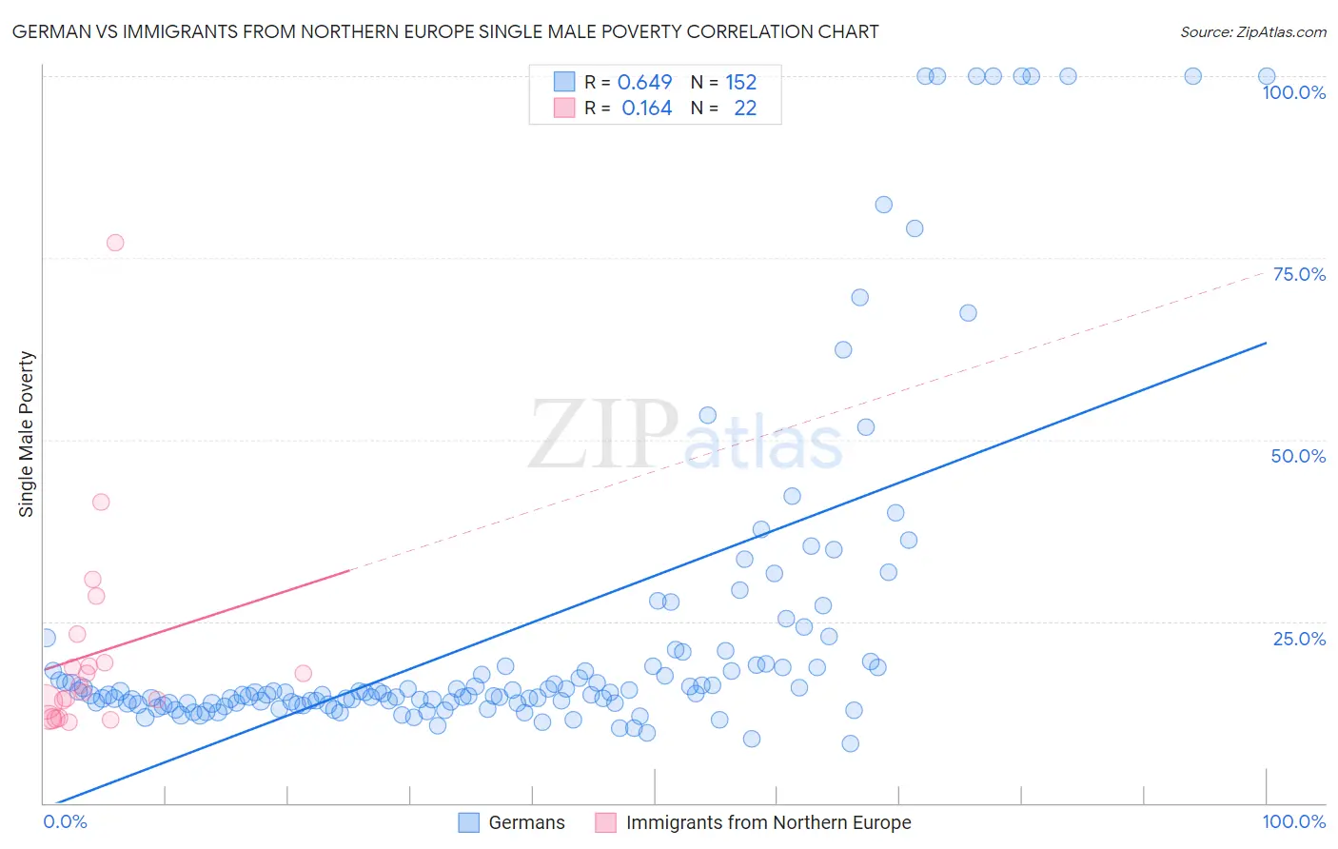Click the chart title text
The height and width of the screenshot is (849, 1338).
click(x=445, y=31)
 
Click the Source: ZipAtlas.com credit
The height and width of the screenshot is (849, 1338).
click(x=1252, y=31)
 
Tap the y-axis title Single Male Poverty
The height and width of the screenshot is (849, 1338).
click(x=27, y=434)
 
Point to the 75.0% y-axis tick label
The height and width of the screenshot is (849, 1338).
click(x=1299, y=274)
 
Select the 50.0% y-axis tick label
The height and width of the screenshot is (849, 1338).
click(x=1298, y=456)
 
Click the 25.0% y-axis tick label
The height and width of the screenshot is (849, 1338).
click(x=1299, y=639)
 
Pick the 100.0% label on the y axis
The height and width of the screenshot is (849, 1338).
click(x=1293, y=92)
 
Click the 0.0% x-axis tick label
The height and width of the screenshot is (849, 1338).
click(x=65, y=821)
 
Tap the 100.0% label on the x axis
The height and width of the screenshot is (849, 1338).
click(x=1293, y=821)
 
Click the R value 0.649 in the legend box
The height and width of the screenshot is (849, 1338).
click(x=644, y=82)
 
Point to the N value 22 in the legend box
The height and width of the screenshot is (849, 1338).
click(x=745, y=109)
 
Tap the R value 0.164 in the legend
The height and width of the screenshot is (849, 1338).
click(x=646, y=109)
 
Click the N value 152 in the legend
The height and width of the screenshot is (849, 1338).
click(x=740, y=82)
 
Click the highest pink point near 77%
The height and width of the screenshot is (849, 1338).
click(x=115, y=243)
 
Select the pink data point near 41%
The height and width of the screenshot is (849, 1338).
click(x=101, y=503)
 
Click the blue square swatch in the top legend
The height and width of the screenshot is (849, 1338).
click(x=564, y=82)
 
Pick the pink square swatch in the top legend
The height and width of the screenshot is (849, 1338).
click(x=564, y=109)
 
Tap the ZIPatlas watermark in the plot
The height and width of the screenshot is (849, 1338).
click(x=685, y=436)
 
